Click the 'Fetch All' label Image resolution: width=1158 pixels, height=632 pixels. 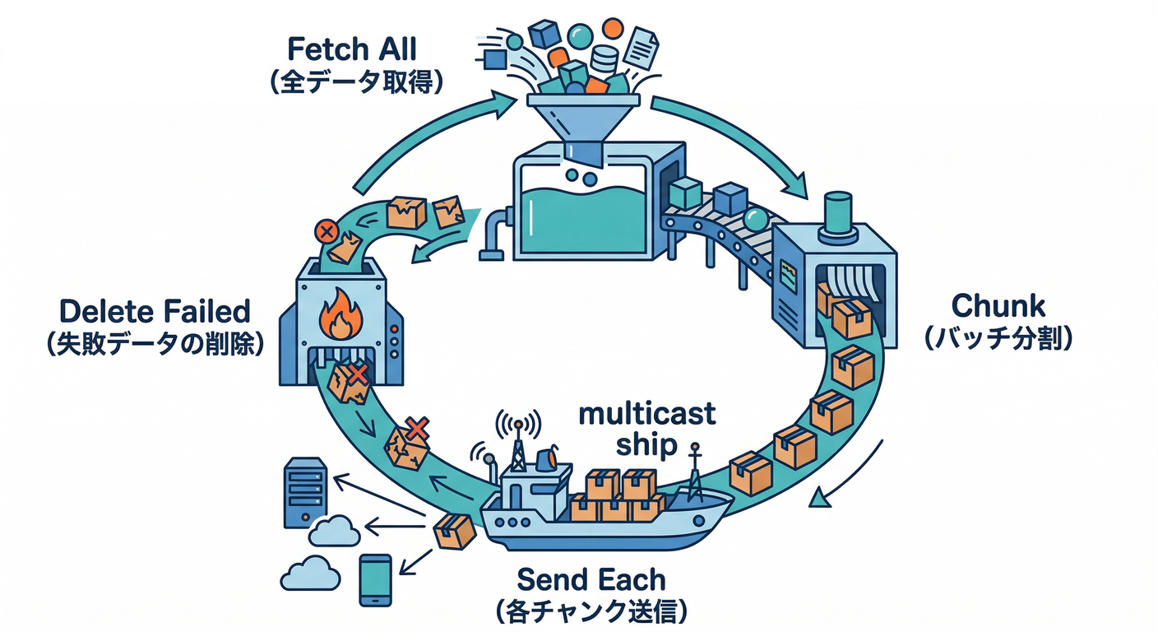pos(352,49)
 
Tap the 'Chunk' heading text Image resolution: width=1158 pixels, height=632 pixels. pos(998,306)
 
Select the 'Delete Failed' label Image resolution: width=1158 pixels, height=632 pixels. pos(155,312)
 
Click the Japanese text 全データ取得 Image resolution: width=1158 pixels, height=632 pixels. pos(352,83)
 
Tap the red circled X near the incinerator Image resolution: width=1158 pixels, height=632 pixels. pos(327,231)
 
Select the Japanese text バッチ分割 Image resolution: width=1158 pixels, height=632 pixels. pos(998,339)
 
